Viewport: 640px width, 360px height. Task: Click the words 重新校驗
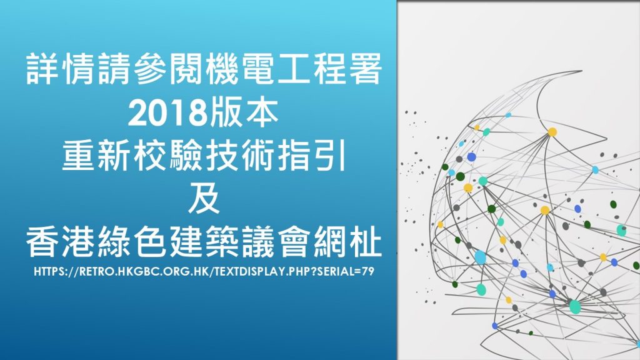pyautogui.click(x=132, y=155)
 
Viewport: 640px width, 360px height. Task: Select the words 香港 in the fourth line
pyautogui.click(x=62, y=242)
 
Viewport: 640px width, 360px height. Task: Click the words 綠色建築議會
pyautogui.click(x=204, y=242)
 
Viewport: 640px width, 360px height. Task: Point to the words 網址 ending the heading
pyautogui.click(x=347, y=242)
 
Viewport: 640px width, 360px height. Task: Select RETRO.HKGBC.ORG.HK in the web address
pyautogui.click(x=144, y=271)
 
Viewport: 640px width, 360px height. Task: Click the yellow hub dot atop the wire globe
pyautogui.click(x=552, y=132)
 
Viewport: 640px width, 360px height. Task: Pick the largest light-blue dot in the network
pyautogui.click(x=481, y=257)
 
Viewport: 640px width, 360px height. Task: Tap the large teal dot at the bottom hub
pyautogui.click(x=575, y=306)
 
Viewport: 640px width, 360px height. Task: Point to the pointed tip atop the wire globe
pyautogui.click(x=582, y=71)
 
